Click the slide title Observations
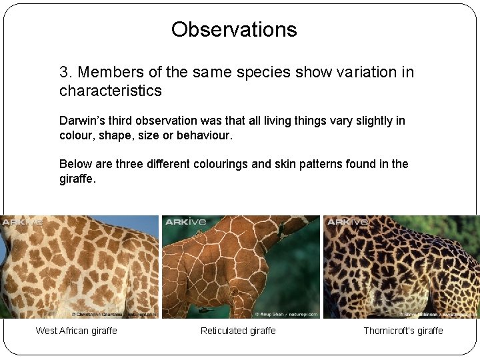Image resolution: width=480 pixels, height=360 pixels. coord(234,29)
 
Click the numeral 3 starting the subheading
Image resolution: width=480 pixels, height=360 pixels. coord(64,72)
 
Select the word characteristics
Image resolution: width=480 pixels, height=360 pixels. coord(111,91)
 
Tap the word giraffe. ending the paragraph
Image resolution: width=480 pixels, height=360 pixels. coord(77,179)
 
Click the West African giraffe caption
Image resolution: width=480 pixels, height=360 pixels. coord(76,331)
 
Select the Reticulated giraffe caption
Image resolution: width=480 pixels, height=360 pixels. coord(238,331)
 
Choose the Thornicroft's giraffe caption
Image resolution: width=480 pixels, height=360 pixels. coord(403,331)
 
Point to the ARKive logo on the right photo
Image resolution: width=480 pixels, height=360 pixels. coord(347,222)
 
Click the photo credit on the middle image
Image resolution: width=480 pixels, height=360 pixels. coord(286,313)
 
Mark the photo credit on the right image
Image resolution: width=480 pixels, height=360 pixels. coord(438,313)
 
